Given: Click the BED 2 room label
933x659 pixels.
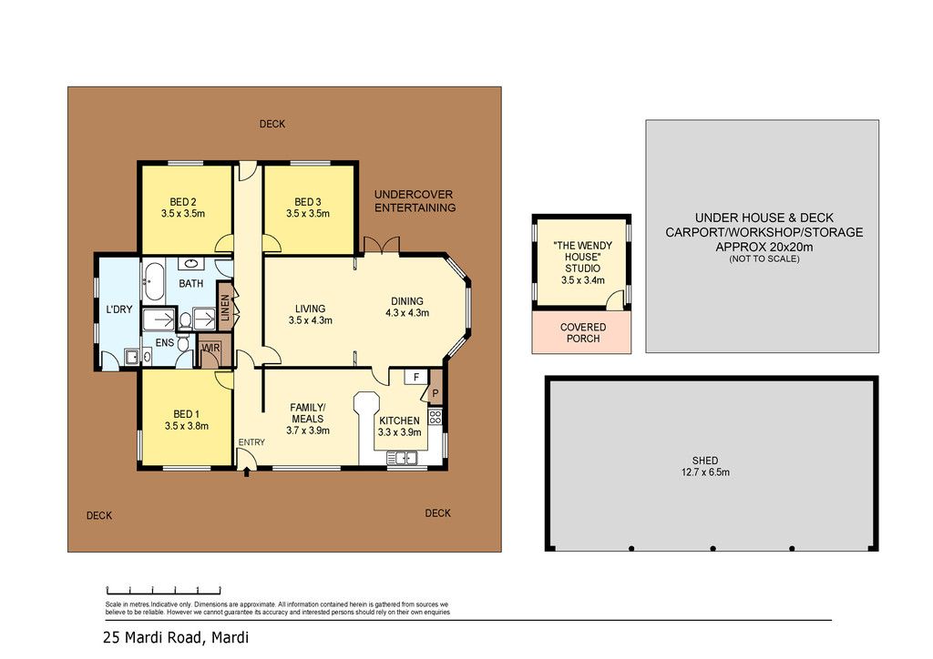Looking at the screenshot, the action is point(182,201).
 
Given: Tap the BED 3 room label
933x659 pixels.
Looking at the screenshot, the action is point(308,201).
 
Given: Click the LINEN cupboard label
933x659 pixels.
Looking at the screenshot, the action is point(225,308).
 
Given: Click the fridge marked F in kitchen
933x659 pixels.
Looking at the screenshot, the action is point(416,377).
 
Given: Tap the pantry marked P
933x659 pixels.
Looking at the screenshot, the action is point(436,392).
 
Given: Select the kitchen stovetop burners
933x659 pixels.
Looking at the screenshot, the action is point(435,416).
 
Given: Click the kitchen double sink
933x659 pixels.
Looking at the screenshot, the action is point(402,458).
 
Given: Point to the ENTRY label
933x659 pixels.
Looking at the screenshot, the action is point(251,442).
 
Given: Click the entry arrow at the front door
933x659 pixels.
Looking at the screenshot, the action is point(247,473).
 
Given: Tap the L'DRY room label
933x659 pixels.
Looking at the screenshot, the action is point(119,309).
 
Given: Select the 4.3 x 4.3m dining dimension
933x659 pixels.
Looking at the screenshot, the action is point(407,312).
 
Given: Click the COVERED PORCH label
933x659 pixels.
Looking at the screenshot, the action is point(583,333).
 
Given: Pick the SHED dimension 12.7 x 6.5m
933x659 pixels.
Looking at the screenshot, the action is point(705,472).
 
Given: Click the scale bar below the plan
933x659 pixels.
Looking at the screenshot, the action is point(164,590).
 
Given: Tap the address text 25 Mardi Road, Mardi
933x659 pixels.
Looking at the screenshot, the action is point(176,637).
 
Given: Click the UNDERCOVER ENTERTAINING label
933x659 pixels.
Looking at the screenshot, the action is point(415,201).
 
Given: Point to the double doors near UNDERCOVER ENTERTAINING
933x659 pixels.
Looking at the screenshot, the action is point(382,245).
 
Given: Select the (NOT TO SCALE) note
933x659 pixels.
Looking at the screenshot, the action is point(764,259).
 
